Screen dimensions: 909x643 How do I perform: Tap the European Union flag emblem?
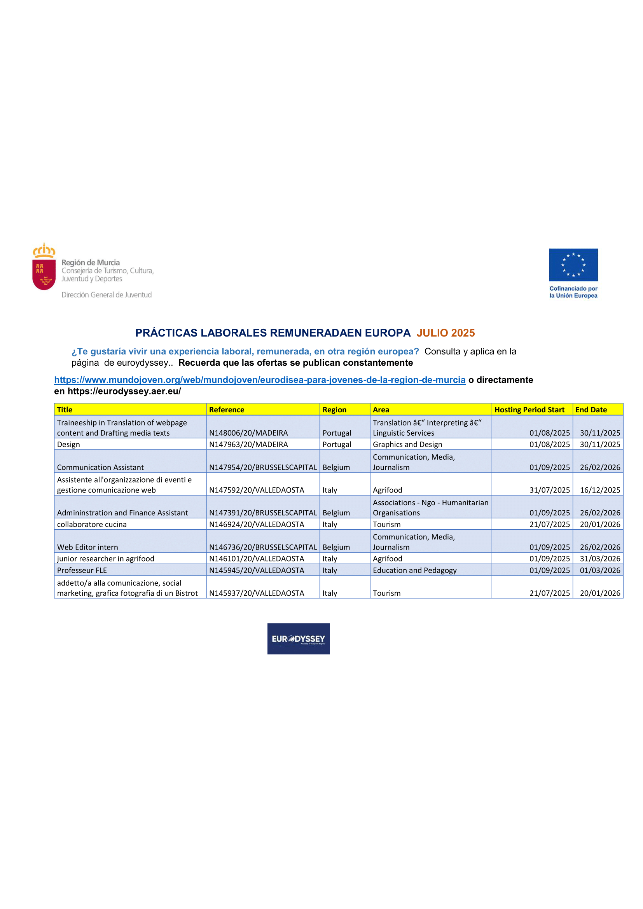pos(573,265)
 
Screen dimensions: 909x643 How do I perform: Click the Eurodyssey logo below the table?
pos(299,639)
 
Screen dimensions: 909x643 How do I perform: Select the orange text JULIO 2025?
pos(446,333)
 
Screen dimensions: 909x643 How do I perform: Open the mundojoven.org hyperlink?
pos(260,380)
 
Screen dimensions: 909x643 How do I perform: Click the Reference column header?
pos(227,410)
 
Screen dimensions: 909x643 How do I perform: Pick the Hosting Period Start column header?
pos(529,410)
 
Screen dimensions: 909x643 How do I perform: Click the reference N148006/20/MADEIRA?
pos(248,433)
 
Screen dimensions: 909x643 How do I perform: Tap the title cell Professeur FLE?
pos(82,571)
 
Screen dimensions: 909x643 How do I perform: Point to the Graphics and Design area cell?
pos(407,445)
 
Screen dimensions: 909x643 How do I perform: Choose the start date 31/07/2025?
pos(550,490)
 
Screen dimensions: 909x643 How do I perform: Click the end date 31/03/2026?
pos(600,559)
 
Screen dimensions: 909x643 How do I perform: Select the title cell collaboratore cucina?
pos(92,525)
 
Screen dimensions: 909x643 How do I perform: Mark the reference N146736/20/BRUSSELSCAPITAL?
pos(263,548)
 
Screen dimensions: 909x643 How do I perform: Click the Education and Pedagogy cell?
pos(414,571)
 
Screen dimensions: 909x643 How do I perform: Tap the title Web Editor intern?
pos(87,548)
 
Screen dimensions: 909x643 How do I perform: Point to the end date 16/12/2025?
pos(600,490)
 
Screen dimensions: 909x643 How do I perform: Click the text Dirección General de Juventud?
pos(107,295)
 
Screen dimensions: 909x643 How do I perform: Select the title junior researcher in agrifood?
pos(106,559)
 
